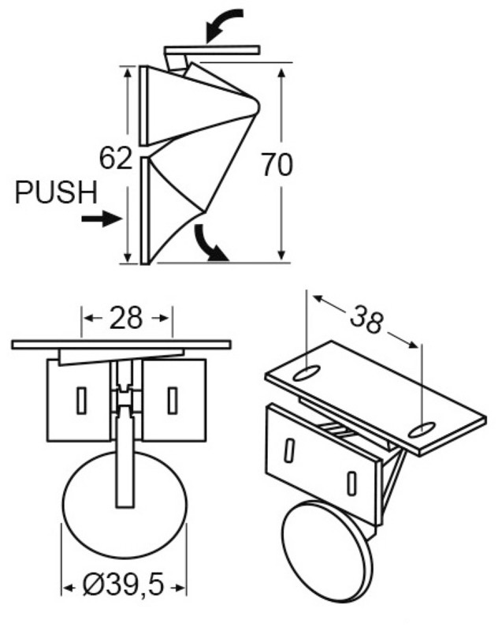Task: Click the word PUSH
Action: (56, 192)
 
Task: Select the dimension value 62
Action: (116, 159)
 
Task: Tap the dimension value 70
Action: (277, 165)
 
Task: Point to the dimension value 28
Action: (126, 318)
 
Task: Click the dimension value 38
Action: (366, 320)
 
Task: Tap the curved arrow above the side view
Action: (224, 24)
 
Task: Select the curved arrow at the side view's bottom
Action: (210, 245)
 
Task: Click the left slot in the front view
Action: (82, 401)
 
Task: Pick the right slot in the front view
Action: (173, 401)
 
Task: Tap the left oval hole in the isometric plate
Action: (307, 373)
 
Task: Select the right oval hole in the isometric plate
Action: (422, 430)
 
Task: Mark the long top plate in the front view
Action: (121, 345)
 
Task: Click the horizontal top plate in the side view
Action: (212, 50)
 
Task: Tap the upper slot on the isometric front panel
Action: (288, 450)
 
